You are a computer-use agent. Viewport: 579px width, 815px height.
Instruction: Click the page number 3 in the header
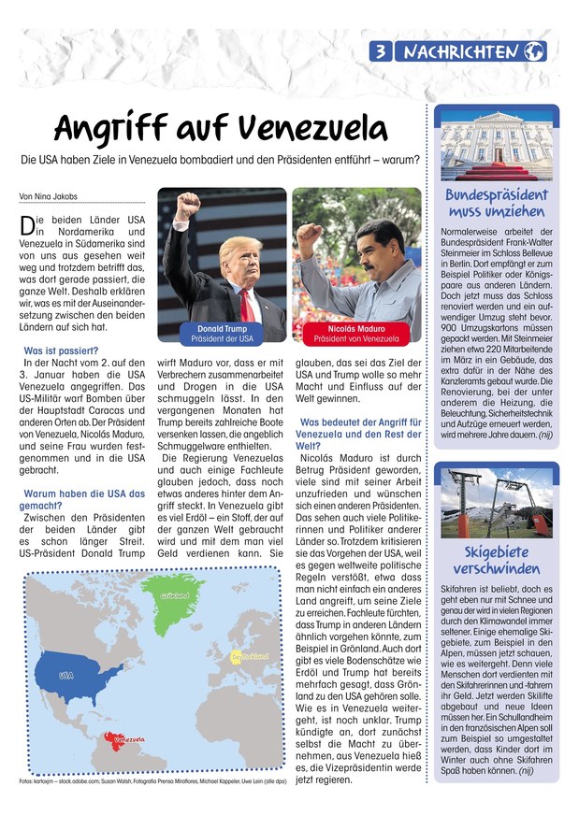(x=382, y=52)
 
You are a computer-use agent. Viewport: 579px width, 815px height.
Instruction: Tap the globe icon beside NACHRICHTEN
(x=535, y=52)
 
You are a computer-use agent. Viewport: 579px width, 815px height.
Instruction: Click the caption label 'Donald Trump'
(x=223, y=329)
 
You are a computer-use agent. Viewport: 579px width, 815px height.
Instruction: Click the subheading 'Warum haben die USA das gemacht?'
(x=82, y=499)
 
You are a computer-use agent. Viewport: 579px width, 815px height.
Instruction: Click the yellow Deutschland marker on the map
(x=245, y=657)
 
